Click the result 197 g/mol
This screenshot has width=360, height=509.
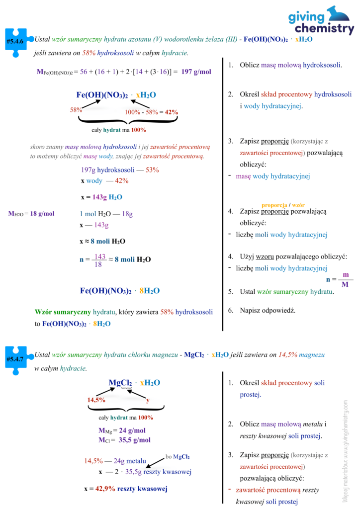pos(196,72)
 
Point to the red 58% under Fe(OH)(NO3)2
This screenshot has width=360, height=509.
pos(76,109)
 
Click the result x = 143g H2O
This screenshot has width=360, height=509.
pos(101,197)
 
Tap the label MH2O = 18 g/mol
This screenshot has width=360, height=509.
pos(31,214)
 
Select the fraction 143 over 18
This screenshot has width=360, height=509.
pos(100,260)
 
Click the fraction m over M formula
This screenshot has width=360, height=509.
pos(346,280)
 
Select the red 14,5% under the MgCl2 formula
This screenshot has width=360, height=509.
pos(96,400)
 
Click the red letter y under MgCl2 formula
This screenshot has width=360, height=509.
pos(147,400)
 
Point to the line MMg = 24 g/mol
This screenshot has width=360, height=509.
pos(122,430)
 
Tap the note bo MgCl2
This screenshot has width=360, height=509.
pos(177,456)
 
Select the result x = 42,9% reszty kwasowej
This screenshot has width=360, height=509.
pos(126,489)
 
